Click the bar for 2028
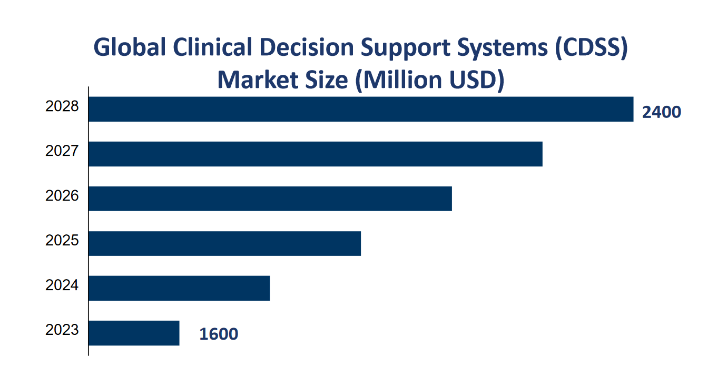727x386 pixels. pos(361,109)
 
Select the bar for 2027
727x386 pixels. pos(315,154)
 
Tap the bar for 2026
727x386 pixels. pos(270,199)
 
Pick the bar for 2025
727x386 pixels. pos(224,243)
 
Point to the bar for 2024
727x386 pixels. pos(179,288)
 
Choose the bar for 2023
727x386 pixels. pos(134,333)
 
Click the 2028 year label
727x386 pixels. pos(62,107)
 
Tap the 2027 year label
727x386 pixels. pos(62,152)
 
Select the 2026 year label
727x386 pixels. pos(62,196)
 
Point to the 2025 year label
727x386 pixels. pos(62,241)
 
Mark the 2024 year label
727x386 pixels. pos(62,286)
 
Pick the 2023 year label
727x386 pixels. pos(62,331)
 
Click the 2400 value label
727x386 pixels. pos(661,112)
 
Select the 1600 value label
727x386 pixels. pos(219,334)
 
